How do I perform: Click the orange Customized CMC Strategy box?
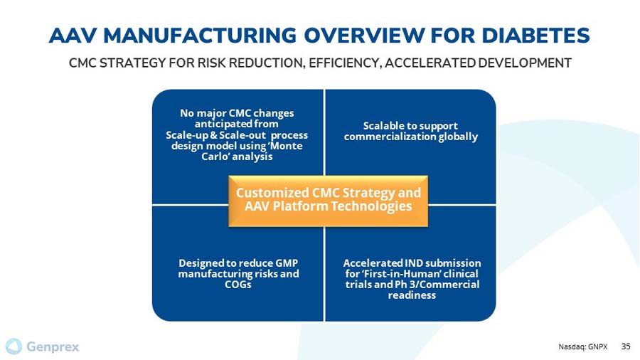328,200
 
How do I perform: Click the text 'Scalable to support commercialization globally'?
410,131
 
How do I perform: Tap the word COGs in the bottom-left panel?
238,285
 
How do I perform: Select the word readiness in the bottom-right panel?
412,295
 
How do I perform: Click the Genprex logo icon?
14,346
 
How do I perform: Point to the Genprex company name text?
53,347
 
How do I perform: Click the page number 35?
626,346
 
